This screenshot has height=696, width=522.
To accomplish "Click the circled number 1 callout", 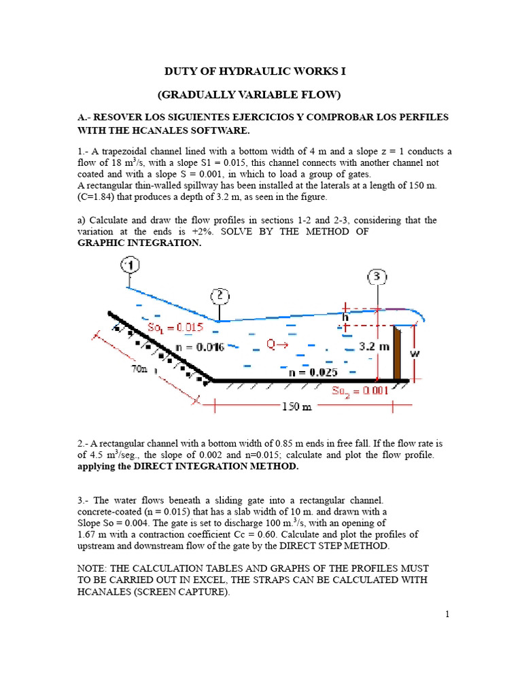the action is (x=130, y=266).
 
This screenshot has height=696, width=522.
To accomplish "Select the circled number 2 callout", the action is (x=220, y=296).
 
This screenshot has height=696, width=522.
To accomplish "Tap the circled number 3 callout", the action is (x=377, y=277).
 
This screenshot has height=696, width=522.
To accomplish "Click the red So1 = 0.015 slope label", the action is (x=175, y=328).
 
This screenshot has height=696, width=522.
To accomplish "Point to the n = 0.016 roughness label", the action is (x=200, y=347).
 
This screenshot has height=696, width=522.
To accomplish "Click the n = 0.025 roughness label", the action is (x=313, y=372).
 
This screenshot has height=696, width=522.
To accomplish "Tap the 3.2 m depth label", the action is (x=375, y=346).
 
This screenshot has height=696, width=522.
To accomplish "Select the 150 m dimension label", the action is (x=297, y=406).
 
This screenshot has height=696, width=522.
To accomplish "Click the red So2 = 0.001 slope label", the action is (x=360, y=391).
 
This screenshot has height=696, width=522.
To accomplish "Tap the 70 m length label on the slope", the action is (x=139, y=368).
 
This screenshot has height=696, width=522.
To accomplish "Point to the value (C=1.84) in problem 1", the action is (x=95, y=196).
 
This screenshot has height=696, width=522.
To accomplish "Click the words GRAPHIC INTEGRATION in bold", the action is (x=139, y=243).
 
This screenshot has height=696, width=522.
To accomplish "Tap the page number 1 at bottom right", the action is (x=447, y=614).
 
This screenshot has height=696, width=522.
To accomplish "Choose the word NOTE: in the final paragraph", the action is (x=92, y=569).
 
